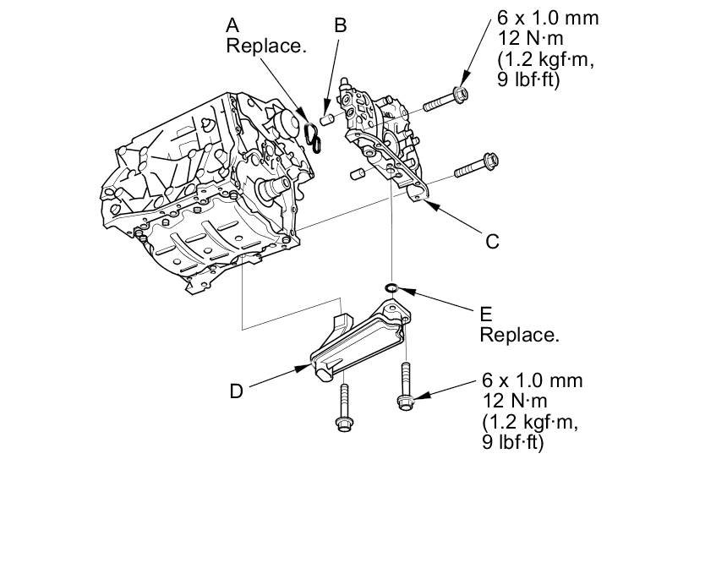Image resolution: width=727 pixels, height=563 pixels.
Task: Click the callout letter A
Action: (x=232, y=25)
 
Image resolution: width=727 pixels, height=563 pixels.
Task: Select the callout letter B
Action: (x=340, y=25)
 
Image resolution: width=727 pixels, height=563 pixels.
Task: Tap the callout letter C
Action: (x=492, y=241)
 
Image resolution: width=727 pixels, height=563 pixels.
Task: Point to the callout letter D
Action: (x=237, y=391)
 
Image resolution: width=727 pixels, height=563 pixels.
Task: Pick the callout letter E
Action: (x=485, y=314)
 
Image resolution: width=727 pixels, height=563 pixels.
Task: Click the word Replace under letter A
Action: (x=265, y=46)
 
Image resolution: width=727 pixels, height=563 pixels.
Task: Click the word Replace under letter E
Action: (x=519, y=335)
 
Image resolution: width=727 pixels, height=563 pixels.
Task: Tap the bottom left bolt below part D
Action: (x=343, y=411)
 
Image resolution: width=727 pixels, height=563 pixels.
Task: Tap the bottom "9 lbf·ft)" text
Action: (x=512, y=442)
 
